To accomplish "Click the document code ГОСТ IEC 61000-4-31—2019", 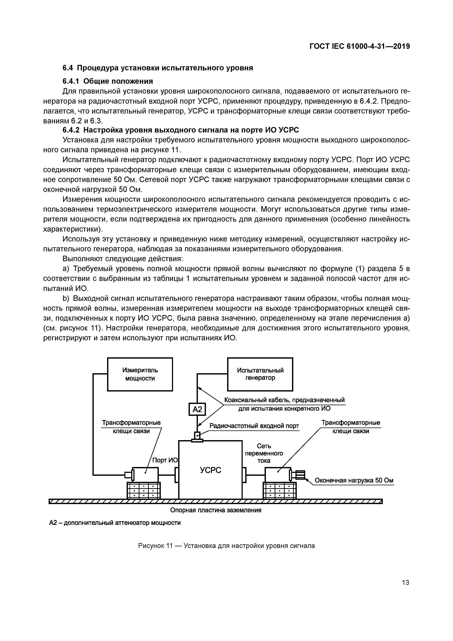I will click(359, 46).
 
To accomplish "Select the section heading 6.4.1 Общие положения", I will click(108, 81).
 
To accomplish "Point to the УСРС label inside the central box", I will click(210, 470).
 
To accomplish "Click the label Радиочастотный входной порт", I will click(254, 426).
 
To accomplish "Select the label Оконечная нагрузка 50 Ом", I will click(354, 480).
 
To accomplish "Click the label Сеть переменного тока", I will click(264, 453).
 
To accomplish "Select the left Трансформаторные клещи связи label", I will click(131, 427).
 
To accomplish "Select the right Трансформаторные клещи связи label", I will click(350, 427).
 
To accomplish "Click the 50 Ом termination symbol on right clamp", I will click(300, 475).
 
